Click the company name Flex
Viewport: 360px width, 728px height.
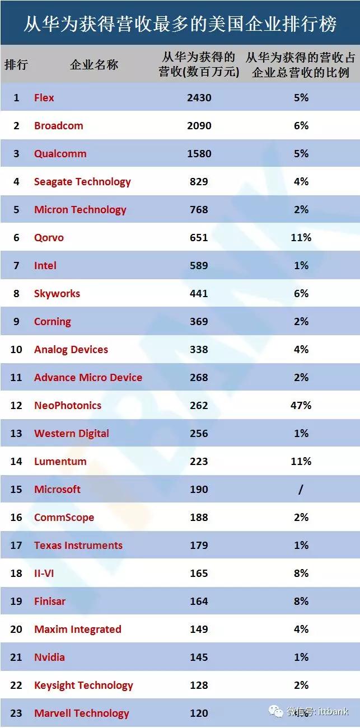(x=44, y=98)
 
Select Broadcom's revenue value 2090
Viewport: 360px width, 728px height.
(x=199, y=126)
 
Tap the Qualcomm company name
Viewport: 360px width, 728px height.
(x=60, y=154)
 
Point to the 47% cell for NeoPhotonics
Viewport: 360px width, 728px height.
(x=301, y=406)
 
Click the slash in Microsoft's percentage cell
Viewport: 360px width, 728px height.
(x=301, y=490)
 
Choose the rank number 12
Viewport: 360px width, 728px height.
(x=16, y=406)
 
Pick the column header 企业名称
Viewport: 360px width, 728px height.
(x=94, y=64)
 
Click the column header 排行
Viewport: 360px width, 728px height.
(x=16, y=64)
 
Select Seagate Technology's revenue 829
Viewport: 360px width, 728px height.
(x=199, y=182)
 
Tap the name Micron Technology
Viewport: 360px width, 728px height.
(x=80, y=210)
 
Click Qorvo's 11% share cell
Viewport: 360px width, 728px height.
(x=301, y=238)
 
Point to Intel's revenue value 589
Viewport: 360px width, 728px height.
(x=199, y=266)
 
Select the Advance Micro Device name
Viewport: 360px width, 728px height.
(x=88, y=378)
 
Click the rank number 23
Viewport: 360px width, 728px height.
(x=16, y=713)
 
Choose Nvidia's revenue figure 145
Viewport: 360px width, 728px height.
(x=199, y=657)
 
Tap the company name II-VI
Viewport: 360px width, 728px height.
(x=44, y=574)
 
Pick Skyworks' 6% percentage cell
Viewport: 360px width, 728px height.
(x=301, y=294)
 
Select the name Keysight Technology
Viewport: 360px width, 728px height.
(x=83, y=685)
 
